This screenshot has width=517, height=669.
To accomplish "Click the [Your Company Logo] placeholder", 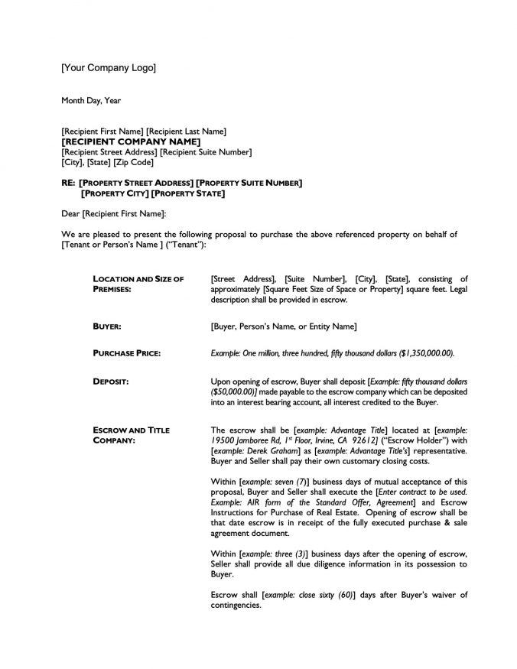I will (x=109, y=69).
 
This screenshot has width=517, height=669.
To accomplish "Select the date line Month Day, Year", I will (x=91, y=100).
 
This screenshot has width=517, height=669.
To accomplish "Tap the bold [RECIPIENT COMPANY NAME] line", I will (x=131, y=142).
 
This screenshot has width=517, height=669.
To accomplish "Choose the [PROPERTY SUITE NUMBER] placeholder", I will (x=249, y=183).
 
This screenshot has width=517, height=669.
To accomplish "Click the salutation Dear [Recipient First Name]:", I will (x=114, y=214).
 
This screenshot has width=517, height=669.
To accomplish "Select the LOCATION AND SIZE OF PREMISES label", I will (x=138, y=284).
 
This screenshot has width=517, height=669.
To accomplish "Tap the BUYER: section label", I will (x=107, y=326).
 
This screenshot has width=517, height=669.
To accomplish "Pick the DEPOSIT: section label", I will (x=110, y=380).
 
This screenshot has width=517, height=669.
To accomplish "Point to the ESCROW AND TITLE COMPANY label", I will (x=131, y=435).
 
